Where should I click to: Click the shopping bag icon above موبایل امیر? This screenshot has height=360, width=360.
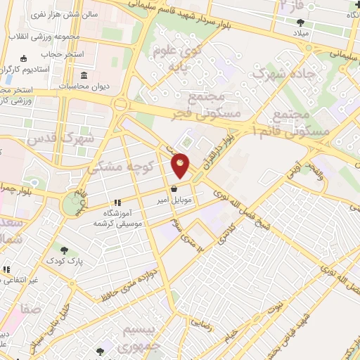click(174, 188)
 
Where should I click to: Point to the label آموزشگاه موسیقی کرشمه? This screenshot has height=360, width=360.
click(118, 217)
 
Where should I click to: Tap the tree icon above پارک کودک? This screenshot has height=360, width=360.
click(65, 250)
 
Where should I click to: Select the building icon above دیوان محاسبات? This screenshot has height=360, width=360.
click(84, 75)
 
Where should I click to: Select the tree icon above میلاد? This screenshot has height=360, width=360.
click(301, 22)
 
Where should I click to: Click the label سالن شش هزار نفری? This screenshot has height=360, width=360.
click(57, 14)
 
